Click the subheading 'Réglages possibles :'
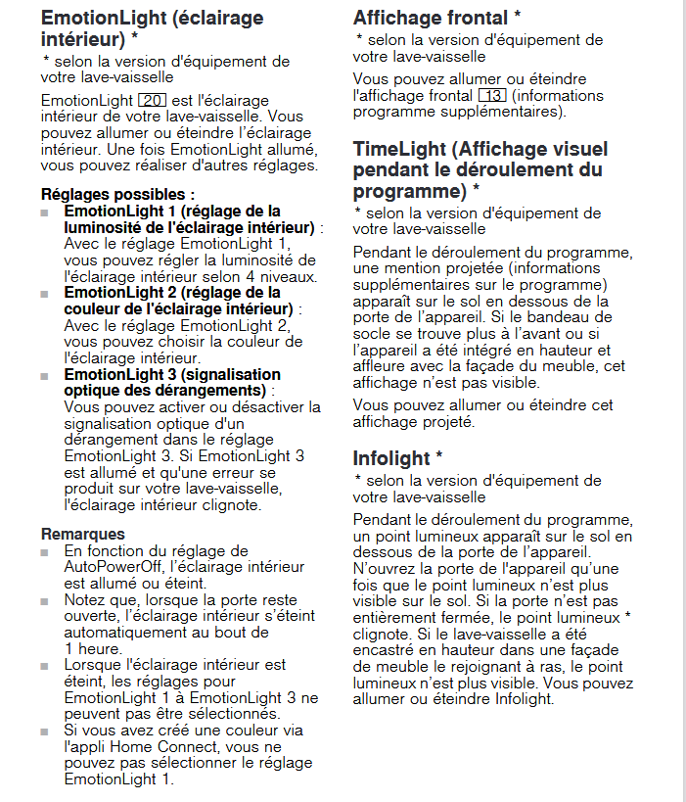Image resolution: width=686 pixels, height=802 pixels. (117, 194)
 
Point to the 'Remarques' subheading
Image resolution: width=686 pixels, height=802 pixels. (83, 534)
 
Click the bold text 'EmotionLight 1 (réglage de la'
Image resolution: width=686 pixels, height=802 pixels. (172, 211)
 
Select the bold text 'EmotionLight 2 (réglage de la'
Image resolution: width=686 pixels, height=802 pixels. (172, 293)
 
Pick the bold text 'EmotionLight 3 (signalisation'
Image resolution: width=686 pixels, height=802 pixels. (172, 374)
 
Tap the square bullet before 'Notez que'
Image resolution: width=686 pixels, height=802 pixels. (45, 600)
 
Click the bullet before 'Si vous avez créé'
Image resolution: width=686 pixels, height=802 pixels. (45, 731)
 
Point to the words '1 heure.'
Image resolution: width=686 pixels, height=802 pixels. (93, 647)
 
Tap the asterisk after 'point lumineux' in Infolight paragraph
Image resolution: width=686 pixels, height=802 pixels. (628, 617)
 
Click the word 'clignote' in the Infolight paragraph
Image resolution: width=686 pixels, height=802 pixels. (383, 635)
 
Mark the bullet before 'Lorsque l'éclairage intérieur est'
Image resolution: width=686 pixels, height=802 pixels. (45, 666)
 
